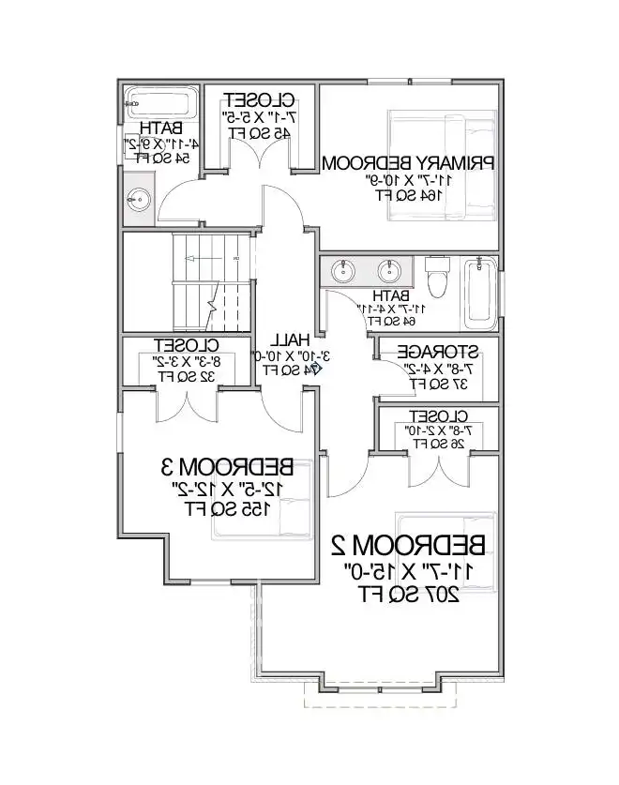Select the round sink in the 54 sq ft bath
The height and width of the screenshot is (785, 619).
(140, 199)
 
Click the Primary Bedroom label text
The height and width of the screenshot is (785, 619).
(408, 163)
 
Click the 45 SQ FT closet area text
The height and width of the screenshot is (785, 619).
(257, 133)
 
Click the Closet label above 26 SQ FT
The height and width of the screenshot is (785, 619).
(438, 415)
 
